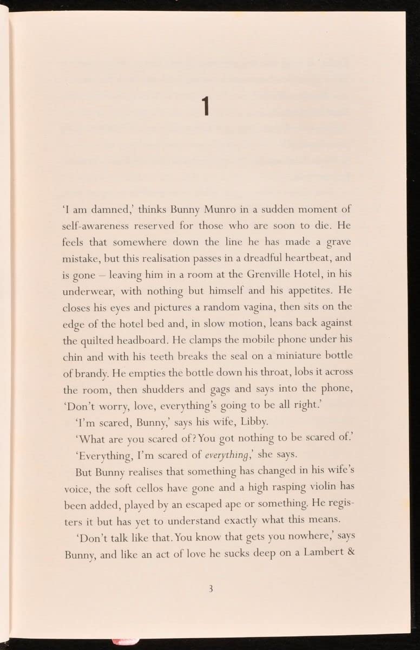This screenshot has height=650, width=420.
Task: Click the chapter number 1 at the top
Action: click(x=206, y=106)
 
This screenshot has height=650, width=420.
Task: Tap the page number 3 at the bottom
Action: click(x=212, y=589)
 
